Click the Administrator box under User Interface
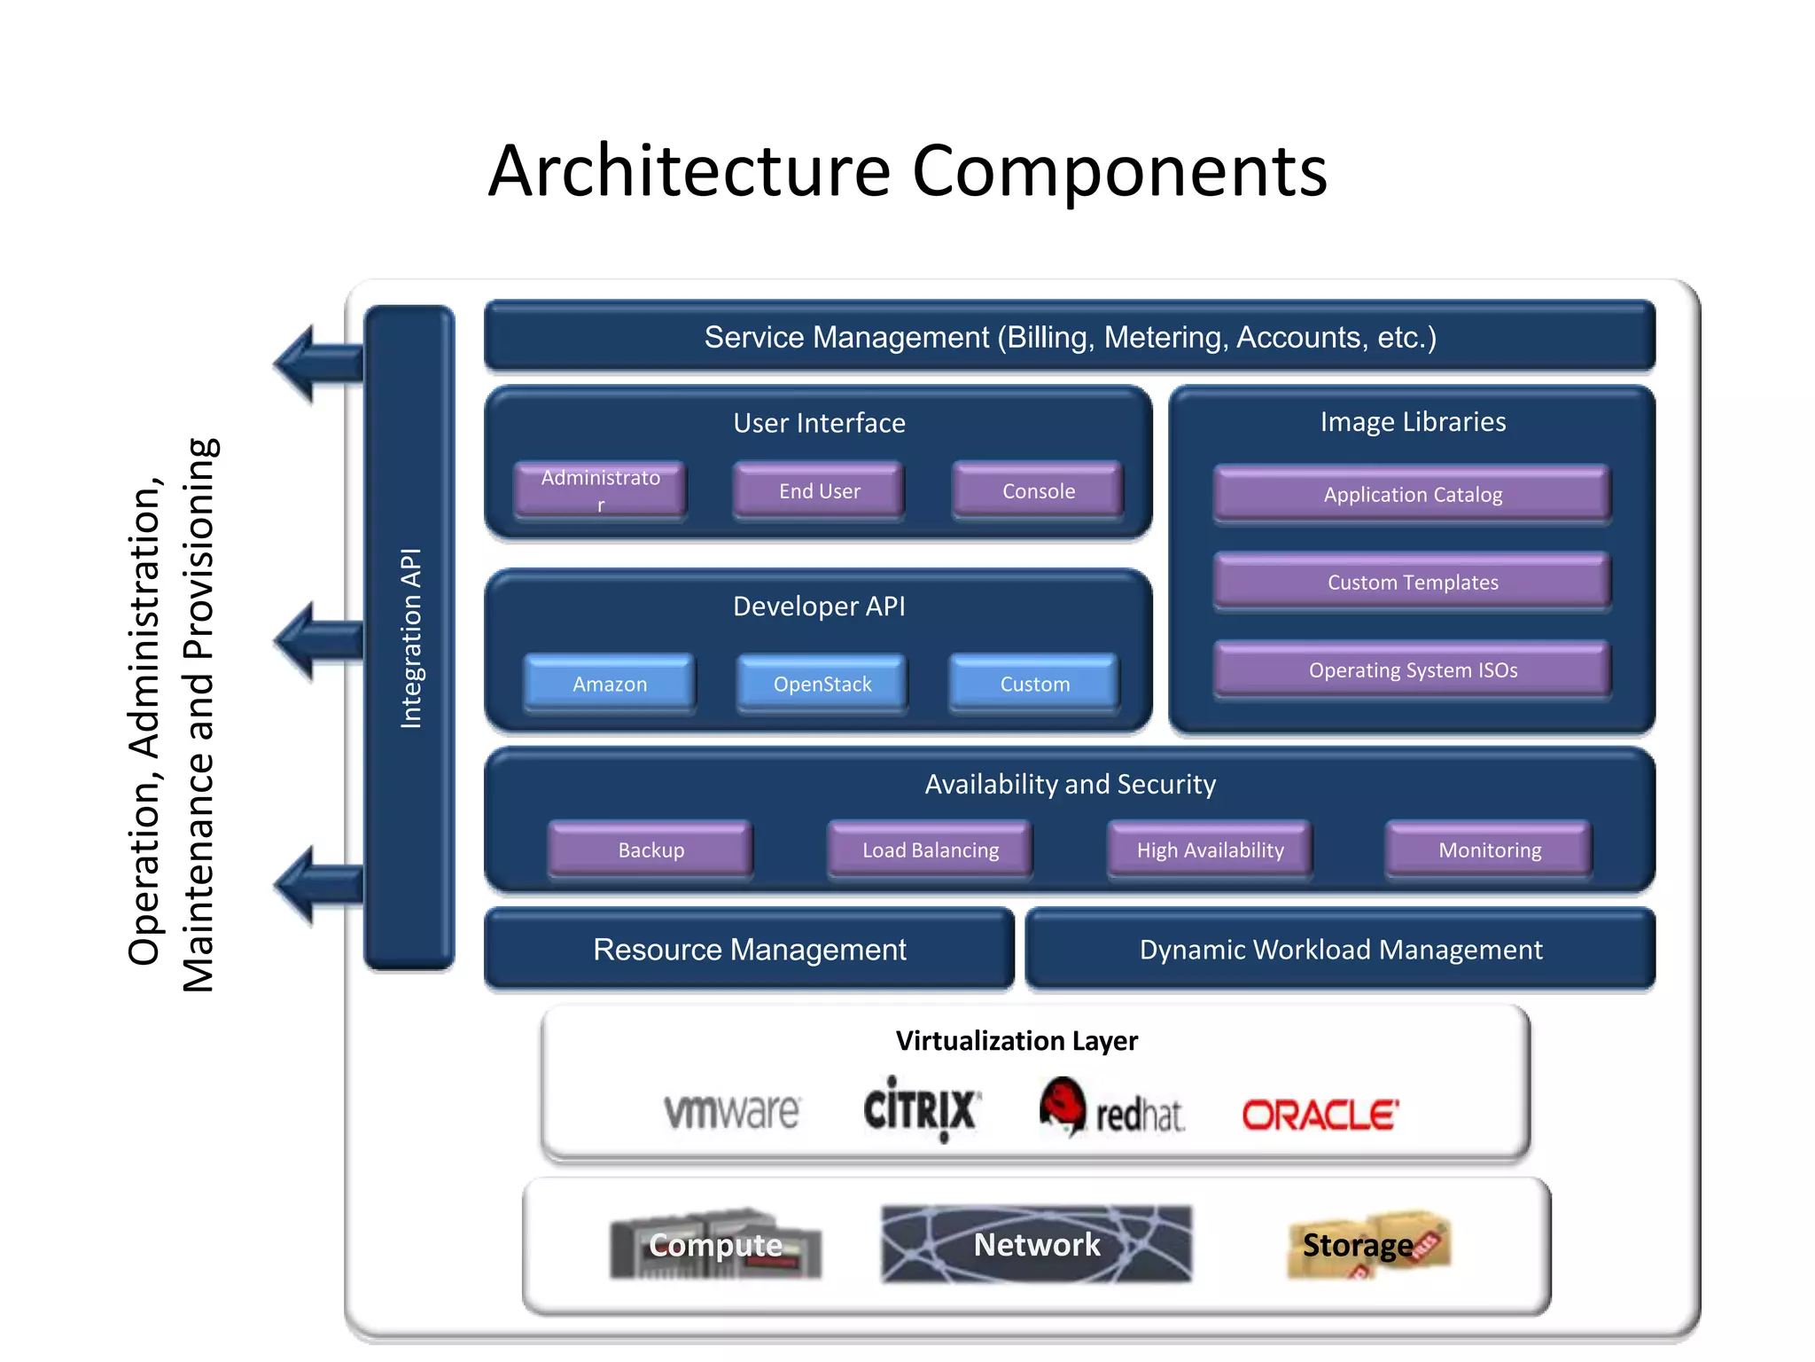pyautogui.click(x=600, y=489)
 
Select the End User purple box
pyautogui.click(x=819, y=490)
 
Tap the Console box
pyautogui.click(x=1038, y=490)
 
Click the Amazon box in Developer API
pyautogui.click(x=610, y=684)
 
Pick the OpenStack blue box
pyautogui.click(x=822, y=684)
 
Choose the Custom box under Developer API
pyautogui.click(x=1034, y=684)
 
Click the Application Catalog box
pyautogui.click(x=1412, y=494)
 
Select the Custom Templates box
pyautogui.click(x=1412, y=582)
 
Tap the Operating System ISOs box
pyautogui.click(x=1412, y=669)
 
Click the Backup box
pyautogui.click(x=650, y=849)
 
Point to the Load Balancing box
pyautogui.click(x=930, y=849)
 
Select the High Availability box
pyautogui.click(x=1210, y=849)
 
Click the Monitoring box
pyautogui.click(x=1489, y=849)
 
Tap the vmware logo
pyautogui.click(x=732, y=1111)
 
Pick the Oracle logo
pyautogui.click(x=1320, y=1115)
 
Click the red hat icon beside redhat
pyautogui.click(x=1063, y=1104)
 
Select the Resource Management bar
pyautogui.click(x=749, y=949)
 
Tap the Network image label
pyautogui.click(x=1036, y=1244)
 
